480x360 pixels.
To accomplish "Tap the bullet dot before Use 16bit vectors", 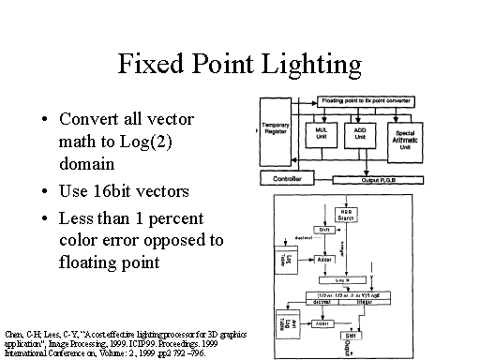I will [46, 192].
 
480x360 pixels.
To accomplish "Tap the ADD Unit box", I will [359, 133].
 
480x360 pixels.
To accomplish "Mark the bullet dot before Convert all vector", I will [46, 121].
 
